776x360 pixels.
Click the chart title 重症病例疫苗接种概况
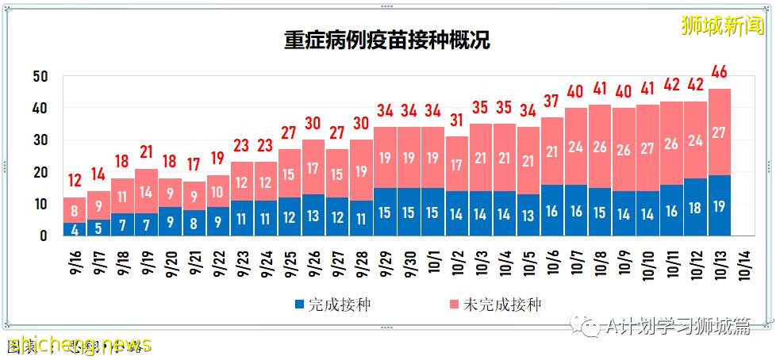(387, 40)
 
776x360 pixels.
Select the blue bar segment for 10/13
(720, 205)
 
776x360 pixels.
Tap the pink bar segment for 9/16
(75, 210)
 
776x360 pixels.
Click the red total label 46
(720, 72)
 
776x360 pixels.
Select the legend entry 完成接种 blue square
(300, 304)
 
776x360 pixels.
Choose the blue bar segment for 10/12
(696, 207)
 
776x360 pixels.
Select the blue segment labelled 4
(75, 229)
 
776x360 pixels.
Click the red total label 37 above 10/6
(552, 101)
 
